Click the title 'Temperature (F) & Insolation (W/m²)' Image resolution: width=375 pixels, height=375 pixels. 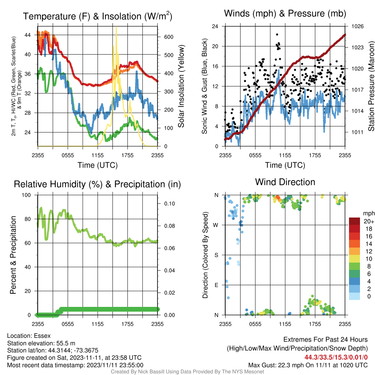click(x=97, y=16)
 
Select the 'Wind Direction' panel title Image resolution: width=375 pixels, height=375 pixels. click(x=285, y=182)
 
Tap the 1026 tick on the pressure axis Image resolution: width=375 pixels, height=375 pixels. click(x=357, y=26)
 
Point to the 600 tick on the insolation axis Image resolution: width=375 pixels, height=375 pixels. click(x=168, y=37)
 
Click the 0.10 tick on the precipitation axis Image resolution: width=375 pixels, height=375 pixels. click(x=169, y=204)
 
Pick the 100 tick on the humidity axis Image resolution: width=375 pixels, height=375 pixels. click(x=26, y=195)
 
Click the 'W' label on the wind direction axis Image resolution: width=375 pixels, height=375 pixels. click(x=215, y=225)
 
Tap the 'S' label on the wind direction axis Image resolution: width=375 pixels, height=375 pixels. click(x=216, y=255)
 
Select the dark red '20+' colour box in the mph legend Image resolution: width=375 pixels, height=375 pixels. click(x=354, y=221)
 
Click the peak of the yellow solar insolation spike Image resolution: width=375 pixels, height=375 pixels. click(x=116, y=27)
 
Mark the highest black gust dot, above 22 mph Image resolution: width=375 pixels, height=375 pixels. click(x=277, y=34)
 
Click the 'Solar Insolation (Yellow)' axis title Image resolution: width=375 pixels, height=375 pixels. click(x=181, y=86)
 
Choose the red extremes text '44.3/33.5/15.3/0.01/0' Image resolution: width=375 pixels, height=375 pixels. click(x=336, y=357)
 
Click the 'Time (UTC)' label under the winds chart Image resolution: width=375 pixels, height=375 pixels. click(x=285, y=165)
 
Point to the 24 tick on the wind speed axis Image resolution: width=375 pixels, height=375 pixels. click(x=215, y=26)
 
